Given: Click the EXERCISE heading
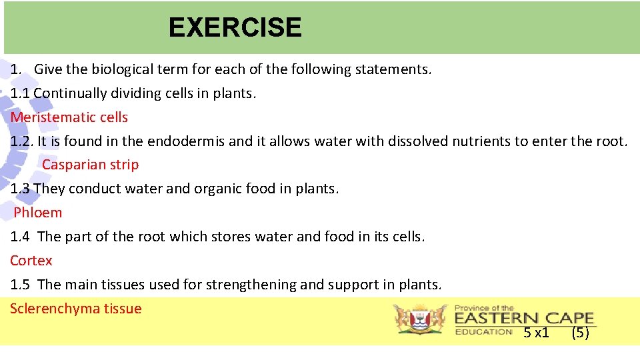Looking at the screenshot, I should (x=235, y=27).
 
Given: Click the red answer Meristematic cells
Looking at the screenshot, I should (x=69, y=117).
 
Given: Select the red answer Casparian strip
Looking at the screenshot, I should (x=90, y=165).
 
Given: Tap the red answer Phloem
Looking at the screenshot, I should (x=38, y=213).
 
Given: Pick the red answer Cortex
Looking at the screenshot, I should (x=31, y=261).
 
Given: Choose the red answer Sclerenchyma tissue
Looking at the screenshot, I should (x=76, y=309).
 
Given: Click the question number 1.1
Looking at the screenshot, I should (x=21, y=93).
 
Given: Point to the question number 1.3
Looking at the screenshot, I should (x=21, y=189).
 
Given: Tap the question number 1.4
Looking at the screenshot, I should (x=21, y=237).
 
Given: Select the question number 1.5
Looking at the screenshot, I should (x=21, y=285).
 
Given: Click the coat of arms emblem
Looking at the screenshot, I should (x=420, y=319).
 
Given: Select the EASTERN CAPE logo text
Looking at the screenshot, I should (x=524, y=318).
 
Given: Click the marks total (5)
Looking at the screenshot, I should (x=580, y=333).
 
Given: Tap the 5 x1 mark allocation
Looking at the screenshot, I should (x=536, y=333).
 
